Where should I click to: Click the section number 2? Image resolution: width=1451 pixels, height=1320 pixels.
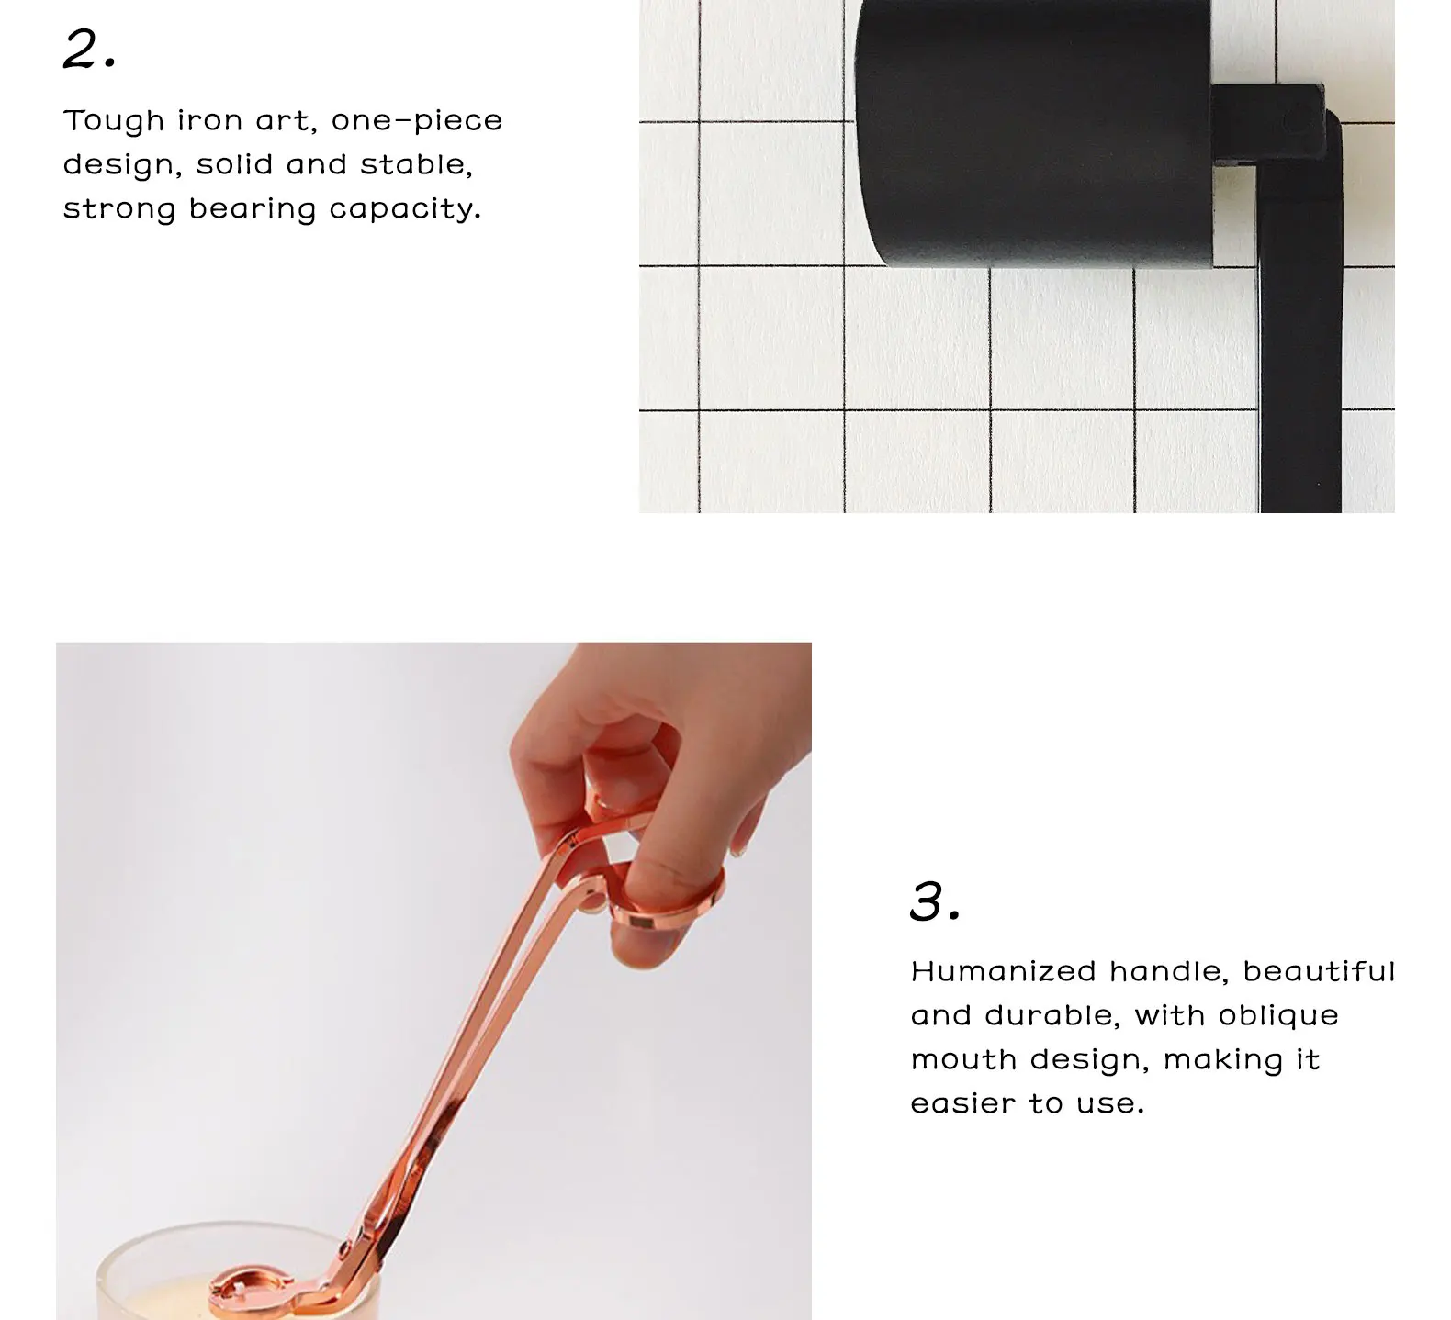[x=90, y=50]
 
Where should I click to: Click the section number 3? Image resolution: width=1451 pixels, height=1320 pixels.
[x=936, y=901]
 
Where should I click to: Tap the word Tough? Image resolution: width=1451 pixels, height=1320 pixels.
[x=114, y=122]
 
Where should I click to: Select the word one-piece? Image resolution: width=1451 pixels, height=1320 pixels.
[x=417, y=122]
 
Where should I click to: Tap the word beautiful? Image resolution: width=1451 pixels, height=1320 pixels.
[x=1319, y=971]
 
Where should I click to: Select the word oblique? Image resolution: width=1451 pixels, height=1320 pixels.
[x=1278, y=1016]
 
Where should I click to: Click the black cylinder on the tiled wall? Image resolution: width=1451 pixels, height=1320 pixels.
[x=1033, y=133]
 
